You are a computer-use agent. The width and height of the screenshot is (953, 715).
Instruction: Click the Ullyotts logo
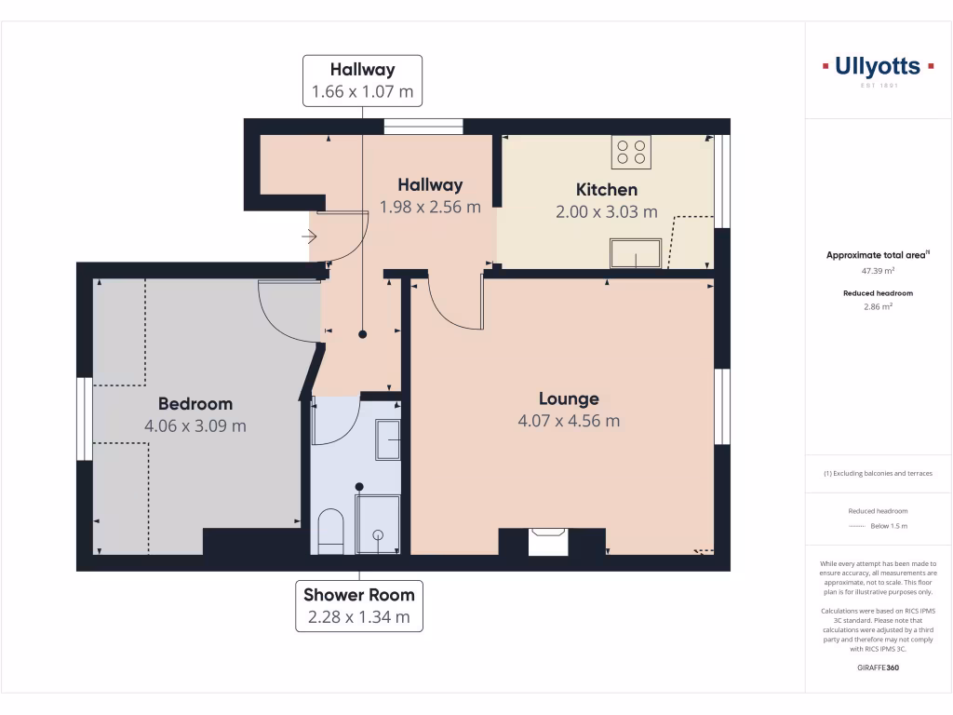[878, 67]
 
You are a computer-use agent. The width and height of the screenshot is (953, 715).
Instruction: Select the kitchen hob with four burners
[631, 152]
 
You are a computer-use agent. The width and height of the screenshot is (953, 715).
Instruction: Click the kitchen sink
[636, 253]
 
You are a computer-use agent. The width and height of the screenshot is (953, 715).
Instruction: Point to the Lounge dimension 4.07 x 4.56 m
[569, 421]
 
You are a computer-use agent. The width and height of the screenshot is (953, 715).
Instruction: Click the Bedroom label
[195, 404]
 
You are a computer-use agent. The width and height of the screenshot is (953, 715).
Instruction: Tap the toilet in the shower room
[330, 532]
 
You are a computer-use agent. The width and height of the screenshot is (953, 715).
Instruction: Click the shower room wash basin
[387, 439]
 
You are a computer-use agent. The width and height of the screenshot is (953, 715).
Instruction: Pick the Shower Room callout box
[358, 605]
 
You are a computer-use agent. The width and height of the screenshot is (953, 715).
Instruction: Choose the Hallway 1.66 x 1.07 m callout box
[362, 81]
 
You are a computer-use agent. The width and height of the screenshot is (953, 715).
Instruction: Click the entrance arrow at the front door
[310, 237]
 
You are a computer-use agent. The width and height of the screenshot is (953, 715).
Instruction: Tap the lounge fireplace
[548, 541]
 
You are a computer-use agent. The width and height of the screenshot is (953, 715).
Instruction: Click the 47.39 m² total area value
[878, 271]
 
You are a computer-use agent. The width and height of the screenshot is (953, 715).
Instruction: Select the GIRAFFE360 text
[878, 668]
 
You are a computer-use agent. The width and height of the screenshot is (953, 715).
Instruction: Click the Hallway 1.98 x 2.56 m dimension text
[430, 207]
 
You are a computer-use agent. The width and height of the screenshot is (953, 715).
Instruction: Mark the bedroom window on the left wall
[84, 419]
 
